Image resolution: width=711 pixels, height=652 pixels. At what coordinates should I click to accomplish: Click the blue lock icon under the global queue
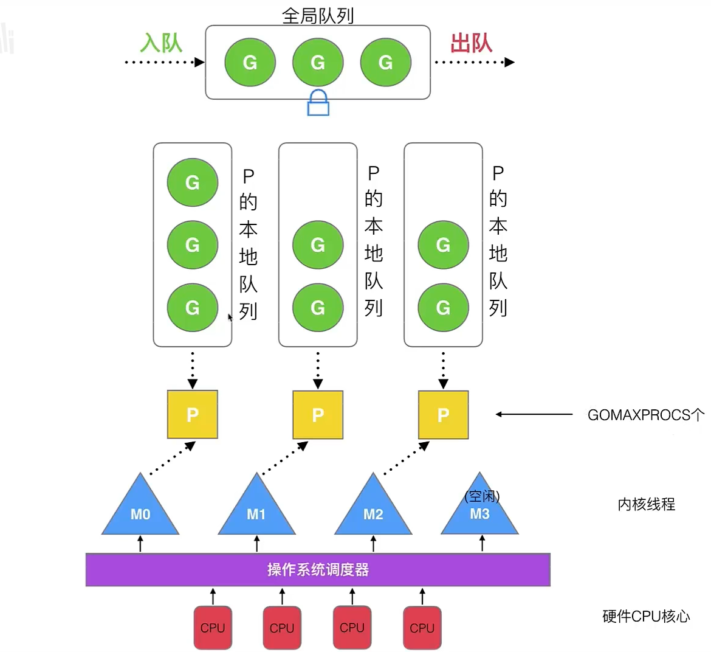[318, 103]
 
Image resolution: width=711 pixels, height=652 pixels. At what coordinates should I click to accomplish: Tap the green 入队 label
[161, 43]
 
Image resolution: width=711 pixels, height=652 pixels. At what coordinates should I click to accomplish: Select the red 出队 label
[471, 43]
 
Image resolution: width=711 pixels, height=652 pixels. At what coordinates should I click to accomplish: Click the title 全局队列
[318, 15]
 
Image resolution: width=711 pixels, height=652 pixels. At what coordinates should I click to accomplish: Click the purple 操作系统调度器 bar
[318, 569]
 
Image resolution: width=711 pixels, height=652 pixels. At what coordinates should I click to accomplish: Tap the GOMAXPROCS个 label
[645, 415]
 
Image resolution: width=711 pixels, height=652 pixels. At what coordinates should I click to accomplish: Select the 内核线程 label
[646, 504]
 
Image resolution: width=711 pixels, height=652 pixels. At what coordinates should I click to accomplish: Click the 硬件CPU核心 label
[646, 616]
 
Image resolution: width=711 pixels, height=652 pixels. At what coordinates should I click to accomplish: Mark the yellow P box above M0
[193, 414]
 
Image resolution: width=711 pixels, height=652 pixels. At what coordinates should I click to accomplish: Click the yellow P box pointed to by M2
[443, 414]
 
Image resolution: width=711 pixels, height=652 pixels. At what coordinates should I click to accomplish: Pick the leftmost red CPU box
[213, 627]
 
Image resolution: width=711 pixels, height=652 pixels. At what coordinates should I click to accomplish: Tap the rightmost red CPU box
[422, 627]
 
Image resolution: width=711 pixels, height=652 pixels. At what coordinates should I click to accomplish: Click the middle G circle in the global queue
[318, 62]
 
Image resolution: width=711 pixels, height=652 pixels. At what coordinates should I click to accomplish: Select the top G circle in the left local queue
[193, 182]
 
